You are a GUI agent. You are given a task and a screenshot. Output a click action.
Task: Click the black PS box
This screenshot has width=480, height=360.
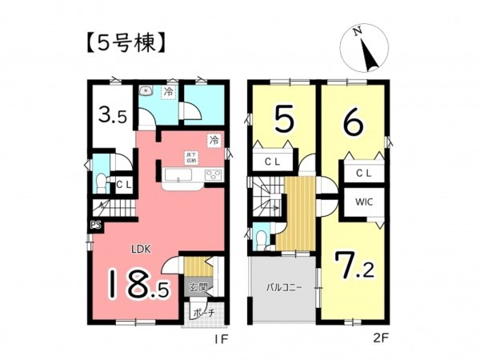coord(94,226)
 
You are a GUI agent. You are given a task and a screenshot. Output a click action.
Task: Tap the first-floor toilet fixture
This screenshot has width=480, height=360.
coord(100,183)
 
